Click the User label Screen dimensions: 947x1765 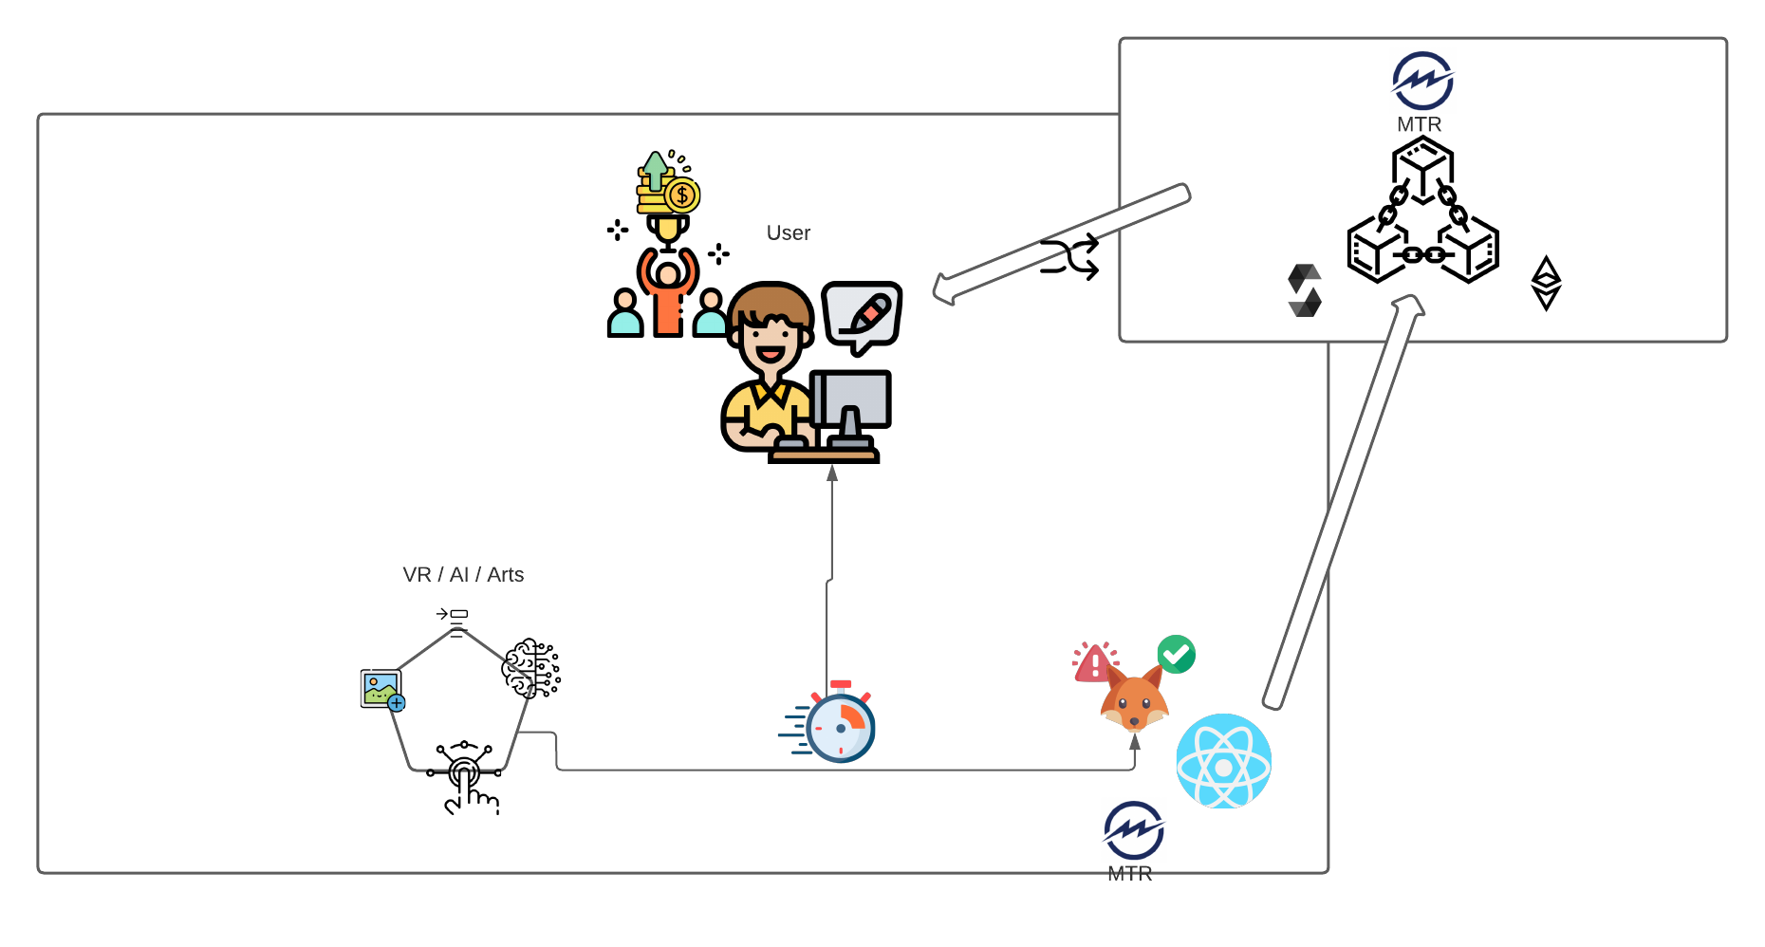pyautogui.click(x=788, y=232)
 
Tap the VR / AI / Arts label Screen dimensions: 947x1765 pyautogui.click(x=463, y=574)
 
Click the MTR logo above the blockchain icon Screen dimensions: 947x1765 pyautogui.click(x=1422, y=81)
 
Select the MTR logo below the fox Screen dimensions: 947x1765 pyautogui.click(x=1133, y=830)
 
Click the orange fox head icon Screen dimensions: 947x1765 pyautogui.click(x=1134, y=700)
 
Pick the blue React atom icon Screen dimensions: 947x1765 pyautogui.click(x=1223, y=761)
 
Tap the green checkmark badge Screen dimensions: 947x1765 pyautogui.click(x=1177, y=654)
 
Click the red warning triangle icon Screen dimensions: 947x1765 pyautogui.click(x=1093, y=662)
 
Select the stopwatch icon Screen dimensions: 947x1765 pyautogui.click(x=839, y=725)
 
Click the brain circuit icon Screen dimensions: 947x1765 pyautogui.click(x=530, y=668)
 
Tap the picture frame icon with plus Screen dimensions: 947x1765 pyautogui.click(x=382, y=689)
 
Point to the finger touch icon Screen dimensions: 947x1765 pyautogui.click(x=465, y=776)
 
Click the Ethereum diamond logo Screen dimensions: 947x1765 pyautogui.click(x=1546, y=283)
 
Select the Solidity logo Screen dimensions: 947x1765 pyautogui.click(x=1305, y=290)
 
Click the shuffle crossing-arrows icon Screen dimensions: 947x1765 pyautogui.click(x=1069, y=256)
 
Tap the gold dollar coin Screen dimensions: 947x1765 pyautogui.click(x=681, y=195)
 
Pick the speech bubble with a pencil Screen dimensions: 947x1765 pyautogui.click(x=862, y=314)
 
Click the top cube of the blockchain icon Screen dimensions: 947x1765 pyautogui.click(x=1422, y=167)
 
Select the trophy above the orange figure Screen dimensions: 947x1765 pyautogui.click(x=668, y=229)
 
